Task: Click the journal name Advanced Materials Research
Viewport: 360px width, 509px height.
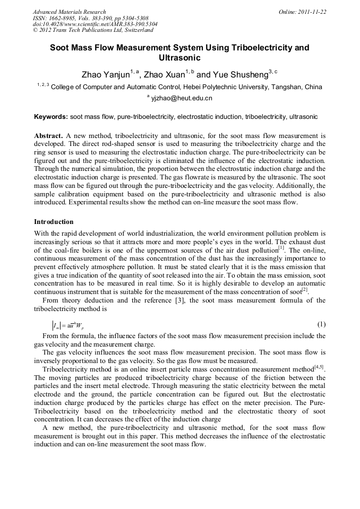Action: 69,12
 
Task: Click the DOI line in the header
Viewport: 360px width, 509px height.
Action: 95,24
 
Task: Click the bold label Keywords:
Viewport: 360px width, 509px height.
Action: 50,116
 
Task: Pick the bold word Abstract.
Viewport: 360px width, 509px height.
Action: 48,136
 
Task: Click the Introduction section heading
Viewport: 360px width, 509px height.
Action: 54,221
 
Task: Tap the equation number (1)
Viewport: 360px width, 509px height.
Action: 321,324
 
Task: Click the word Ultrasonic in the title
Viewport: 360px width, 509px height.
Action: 179,57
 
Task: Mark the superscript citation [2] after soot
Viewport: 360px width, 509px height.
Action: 305,290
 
